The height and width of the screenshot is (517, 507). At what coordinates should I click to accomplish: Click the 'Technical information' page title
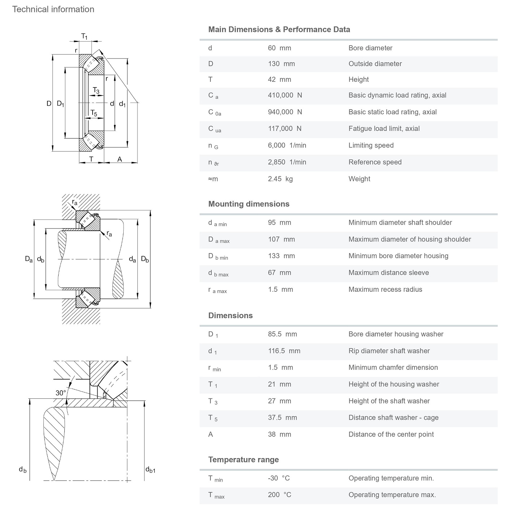click(x=53, y=9)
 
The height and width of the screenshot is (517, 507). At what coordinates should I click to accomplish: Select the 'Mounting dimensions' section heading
click(x=249, y=204)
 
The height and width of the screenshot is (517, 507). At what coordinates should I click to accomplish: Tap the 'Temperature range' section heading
click(x=243, y=460)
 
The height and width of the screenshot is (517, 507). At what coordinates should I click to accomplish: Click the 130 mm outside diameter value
click(x=281, y=64)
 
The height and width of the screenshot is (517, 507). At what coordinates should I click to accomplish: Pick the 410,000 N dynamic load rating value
click(x=285, y=95)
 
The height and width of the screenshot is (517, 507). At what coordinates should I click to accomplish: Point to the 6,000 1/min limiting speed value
click(x=287, y=145)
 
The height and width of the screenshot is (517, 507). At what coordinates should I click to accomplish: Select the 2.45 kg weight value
click(x=280, y=179)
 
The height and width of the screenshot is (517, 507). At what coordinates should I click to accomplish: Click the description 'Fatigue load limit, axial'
click(x=384, y=129)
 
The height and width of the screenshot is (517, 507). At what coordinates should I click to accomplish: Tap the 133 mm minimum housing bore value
click(x=281, y=256)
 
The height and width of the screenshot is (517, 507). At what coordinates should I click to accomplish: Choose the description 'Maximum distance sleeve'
click(x=389, y=273)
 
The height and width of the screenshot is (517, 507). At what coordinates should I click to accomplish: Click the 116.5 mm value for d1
click(x=284, y=351)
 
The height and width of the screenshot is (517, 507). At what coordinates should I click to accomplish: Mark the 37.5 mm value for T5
click(x=282, y=418)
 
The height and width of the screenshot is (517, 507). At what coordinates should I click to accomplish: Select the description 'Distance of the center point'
click(x=391, y=434)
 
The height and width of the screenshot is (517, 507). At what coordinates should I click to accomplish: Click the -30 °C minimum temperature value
click(x=278, y=478)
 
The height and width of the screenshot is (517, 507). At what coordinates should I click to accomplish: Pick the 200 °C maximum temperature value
click(x=280, y=495)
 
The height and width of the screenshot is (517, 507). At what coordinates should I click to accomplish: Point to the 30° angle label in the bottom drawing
click(x=60, y=393)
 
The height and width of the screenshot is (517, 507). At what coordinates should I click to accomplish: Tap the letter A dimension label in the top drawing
click(x=120, y=159)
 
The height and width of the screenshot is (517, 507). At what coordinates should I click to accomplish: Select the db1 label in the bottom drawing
click(x=150, y=469)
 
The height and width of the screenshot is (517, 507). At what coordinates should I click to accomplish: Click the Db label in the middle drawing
click(x=145, y=259)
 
